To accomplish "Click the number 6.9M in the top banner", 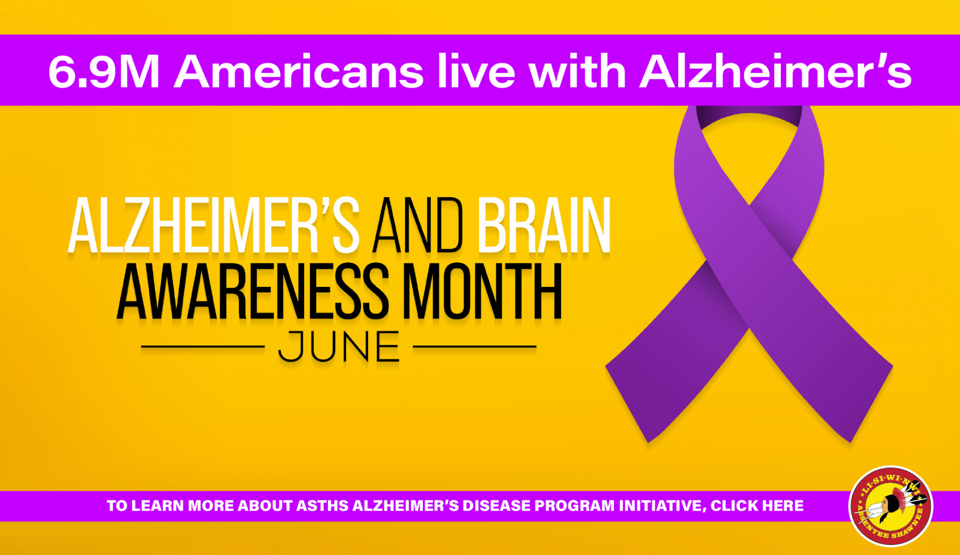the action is (103, 71).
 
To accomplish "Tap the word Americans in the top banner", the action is (299, 71).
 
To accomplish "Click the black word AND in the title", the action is (418, 225).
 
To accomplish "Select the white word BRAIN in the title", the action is (544, 225).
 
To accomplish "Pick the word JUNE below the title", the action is (339, 346).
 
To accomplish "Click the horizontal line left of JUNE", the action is (203, 346).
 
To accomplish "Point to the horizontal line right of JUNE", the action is (475, 346).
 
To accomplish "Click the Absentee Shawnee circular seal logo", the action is (891, 506).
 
